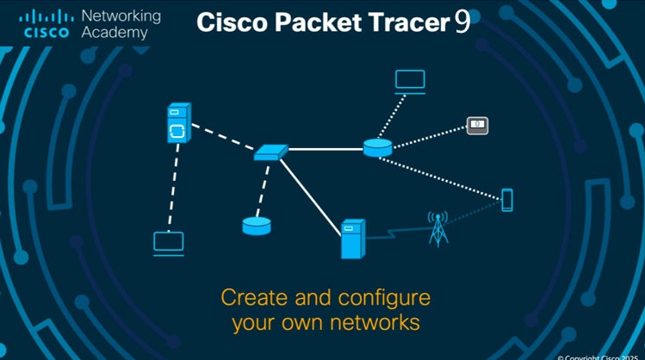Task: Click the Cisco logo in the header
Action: coord(45,24)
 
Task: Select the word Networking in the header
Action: coord(121,16)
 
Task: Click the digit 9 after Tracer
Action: coord(462,22)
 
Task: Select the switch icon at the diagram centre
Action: coord(270,152)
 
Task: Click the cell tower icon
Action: coord(439,228)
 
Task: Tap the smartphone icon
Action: coord(507,200)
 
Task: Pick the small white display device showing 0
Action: coord(477,125)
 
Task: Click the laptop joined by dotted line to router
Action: coord(410,82)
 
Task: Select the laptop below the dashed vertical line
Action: coord(169,243)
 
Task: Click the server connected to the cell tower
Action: coord(352,239)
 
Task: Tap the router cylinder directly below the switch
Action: coord(257,226)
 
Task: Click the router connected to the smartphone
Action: coord(377,147)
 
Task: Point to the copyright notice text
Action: coord(600,355)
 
